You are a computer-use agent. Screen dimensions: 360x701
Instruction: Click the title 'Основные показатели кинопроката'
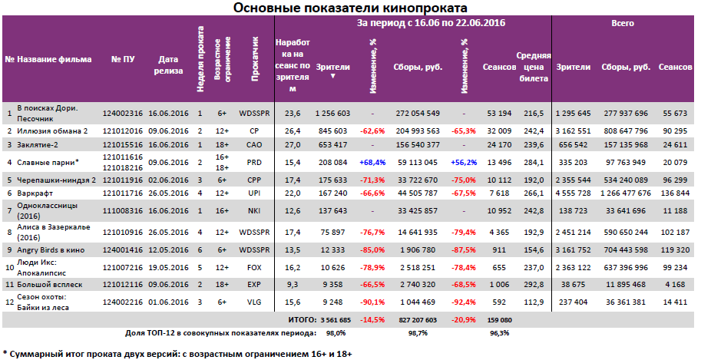[350, 8]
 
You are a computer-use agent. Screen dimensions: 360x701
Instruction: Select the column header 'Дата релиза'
[169, 65]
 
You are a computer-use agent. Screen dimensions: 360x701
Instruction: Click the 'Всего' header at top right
[622, 24]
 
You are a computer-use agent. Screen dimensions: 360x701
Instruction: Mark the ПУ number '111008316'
[124, 210]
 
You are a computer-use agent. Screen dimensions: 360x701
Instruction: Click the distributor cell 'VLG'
[253, 302]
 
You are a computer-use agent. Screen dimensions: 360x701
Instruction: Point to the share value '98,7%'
[418, 332]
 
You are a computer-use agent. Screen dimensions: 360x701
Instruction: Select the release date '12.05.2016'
[168, 249]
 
